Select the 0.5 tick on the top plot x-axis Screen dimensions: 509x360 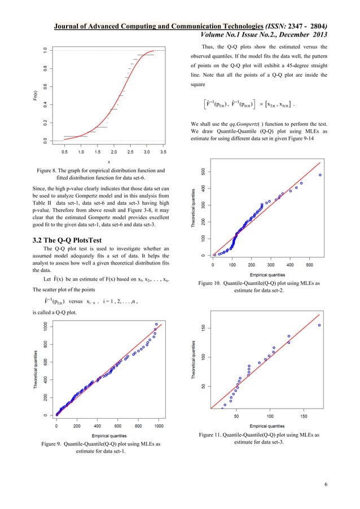pos(65,152)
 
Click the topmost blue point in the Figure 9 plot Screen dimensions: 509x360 pos(156,324)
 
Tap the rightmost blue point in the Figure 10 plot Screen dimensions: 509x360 pos(320,175)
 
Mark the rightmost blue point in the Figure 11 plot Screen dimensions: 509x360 pos(319,325)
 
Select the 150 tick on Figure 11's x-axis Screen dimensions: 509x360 pos(304,416)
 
